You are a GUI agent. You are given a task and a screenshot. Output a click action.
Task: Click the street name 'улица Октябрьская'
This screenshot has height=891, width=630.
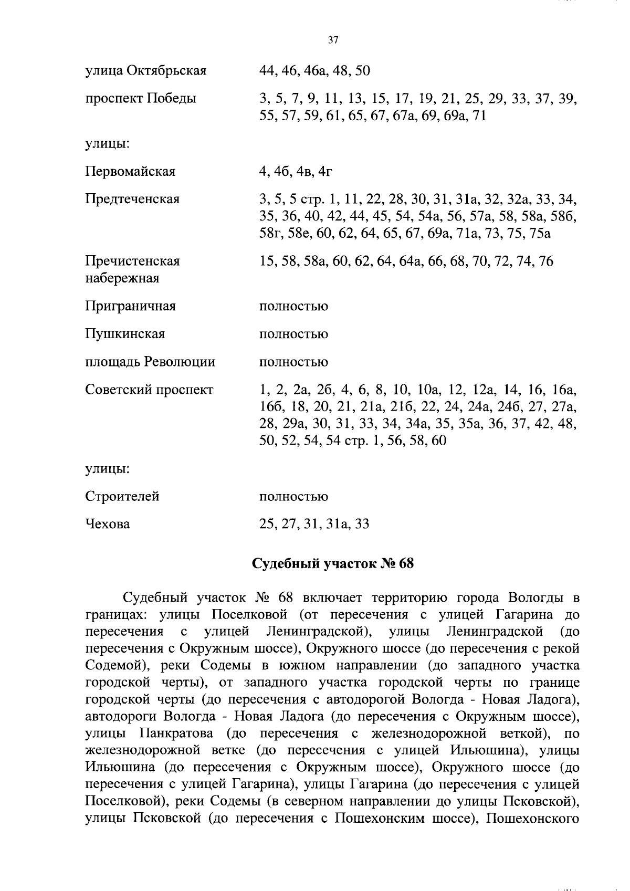(x=145, y=70)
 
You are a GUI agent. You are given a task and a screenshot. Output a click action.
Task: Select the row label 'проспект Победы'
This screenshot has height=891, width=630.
(x=140, y=98)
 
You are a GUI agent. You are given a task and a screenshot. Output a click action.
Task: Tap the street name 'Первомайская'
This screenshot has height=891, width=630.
(x=130, y=171)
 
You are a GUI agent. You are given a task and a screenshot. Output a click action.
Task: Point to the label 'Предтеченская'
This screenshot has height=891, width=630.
(x=132, y=199)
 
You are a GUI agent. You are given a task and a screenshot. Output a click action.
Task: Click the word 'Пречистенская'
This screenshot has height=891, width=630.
(x=132, y=261)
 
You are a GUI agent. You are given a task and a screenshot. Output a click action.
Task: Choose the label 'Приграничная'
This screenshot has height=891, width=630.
(x=130, y=306)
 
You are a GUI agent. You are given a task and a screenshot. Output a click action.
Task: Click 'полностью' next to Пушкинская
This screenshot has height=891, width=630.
(x=293, y=334)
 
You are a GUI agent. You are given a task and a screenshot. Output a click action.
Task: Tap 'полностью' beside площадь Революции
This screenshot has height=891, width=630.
(x=293, y=362)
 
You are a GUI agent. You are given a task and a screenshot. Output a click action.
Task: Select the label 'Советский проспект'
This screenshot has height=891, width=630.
(x=149, y=390)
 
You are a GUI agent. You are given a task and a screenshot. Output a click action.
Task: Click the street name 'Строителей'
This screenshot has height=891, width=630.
(x=122, y=496)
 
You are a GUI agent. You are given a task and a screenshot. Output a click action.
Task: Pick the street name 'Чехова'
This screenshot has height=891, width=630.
(x=108, y=524)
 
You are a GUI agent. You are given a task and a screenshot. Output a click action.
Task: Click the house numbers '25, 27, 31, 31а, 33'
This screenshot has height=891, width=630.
(x=314, y=524)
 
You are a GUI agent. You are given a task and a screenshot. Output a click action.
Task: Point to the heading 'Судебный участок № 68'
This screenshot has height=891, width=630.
(x=333, y=564)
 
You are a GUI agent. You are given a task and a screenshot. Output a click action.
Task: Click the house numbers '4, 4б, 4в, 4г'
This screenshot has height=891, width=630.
(x=296, y=171)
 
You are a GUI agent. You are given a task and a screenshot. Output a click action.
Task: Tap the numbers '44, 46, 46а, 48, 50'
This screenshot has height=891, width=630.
(x=314, y=70)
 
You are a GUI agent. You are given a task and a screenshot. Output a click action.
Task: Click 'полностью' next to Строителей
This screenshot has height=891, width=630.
(x=293, y=496)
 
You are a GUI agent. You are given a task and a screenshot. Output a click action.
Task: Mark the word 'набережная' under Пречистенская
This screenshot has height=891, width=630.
(x=122, y=278)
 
